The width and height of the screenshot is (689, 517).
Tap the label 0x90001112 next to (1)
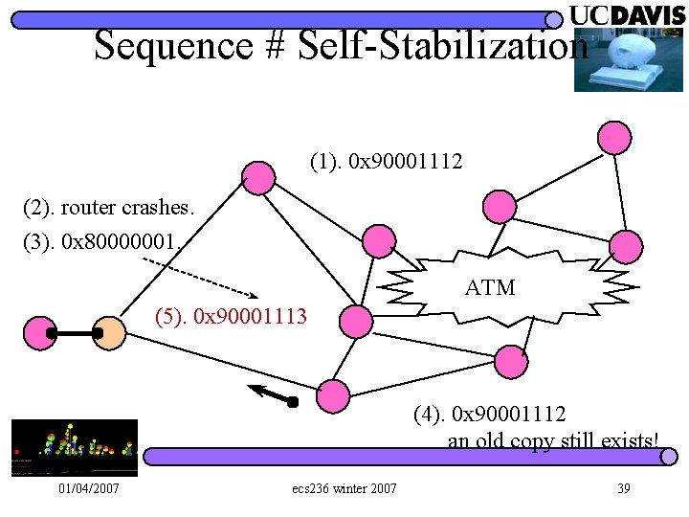(407, 162)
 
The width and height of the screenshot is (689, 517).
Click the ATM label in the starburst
(490, 287)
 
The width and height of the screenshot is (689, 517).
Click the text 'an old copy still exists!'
(553, 440)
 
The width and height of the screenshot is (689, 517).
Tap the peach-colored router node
(110, 332)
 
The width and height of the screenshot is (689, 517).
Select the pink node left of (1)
(256, 176)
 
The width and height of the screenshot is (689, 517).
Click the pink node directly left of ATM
(380, 240)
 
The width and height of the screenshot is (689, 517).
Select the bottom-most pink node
(332, 394)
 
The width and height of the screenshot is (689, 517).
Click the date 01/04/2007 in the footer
(88, 489)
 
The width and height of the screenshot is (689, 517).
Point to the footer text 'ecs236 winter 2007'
(344, 489)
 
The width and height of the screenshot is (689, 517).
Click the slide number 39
(623, 489)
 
